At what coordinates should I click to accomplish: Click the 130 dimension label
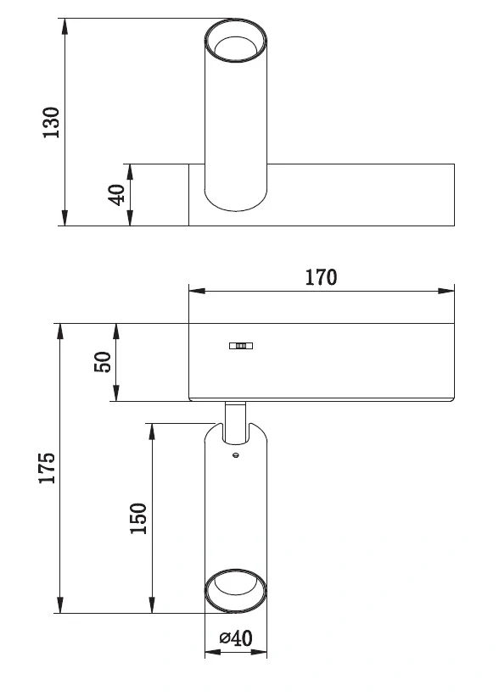coord(52,123)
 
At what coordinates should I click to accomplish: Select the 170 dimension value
coord(321,277)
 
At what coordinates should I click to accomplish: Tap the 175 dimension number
coord(47,468)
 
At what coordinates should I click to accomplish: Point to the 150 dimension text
coord(138,519)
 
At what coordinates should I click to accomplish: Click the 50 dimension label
coord(103,362)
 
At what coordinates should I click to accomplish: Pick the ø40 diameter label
coord(236,638)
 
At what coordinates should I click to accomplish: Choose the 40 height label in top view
coord(117,195)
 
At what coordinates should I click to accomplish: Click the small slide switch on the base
coord(241,345)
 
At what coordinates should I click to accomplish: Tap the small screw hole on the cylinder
coord(236,454)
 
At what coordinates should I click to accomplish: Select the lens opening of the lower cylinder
coord(236,590)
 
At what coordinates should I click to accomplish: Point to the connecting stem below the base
coord(236,422)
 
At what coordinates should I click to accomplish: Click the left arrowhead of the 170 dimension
coord(197,291)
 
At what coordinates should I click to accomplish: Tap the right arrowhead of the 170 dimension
coord(446,291)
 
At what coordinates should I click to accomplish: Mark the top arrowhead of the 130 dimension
coord(64,26)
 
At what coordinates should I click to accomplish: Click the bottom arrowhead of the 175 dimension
coord(60,605)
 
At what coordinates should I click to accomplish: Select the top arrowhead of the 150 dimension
coord(152,432)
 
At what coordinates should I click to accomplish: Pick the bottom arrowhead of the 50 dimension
coord(116,393)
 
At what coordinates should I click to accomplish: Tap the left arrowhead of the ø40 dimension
coord(212,652)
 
